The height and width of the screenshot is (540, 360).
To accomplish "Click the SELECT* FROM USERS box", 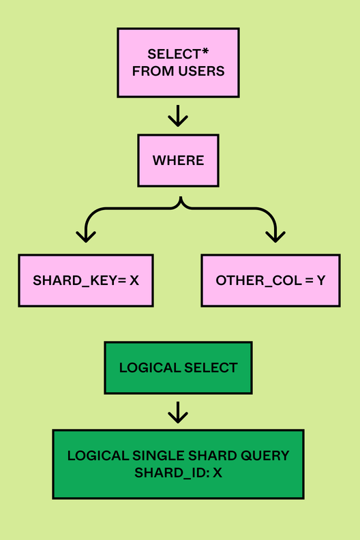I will (x=178, y=62).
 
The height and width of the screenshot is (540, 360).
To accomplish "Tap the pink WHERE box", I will (x=178, y=160).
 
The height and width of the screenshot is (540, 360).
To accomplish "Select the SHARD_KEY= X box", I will (x=86, y=280).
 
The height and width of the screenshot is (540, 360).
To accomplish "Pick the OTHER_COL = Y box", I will (x=270, y=280).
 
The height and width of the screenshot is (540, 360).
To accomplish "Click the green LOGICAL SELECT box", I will (x=178, y=367).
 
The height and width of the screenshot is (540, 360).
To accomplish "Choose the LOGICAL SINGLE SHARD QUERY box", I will (x=178, y=464).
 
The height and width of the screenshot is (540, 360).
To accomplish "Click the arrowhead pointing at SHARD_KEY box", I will (x=85, y=236).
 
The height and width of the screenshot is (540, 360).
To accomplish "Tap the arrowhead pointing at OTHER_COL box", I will (x=275, y=236).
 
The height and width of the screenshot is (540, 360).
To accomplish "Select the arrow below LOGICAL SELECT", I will (x=178, y=412).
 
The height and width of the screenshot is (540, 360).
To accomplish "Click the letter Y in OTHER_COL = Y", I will (x=320, y=280).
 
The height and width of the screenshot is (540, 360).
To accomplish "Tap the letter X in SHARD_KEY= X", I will (x=134, y=280).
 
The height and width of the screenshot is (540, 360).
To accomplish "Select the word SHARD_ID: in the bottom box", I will (x=171, y=472).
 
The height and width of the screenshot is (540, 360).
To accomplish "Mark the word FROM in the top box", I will (x=148, y=70).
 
